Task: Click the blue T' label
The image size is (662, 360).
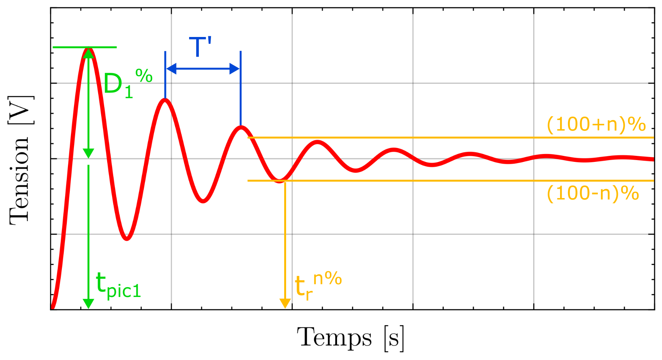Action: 200,47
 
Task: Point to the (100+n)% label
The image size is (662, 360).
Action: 596,124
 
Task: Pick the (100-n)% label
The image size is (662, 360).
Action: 593,193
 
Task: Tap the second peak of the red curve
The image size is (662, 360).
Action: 165,100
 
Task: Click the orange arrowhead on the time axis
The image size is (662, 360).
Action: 285,303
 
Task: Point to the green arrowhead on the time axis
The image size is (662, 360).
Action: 88,303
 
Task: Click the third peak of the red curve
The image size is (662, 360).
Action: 241,127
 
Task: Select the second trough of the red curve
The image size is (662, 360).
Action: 203,201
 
